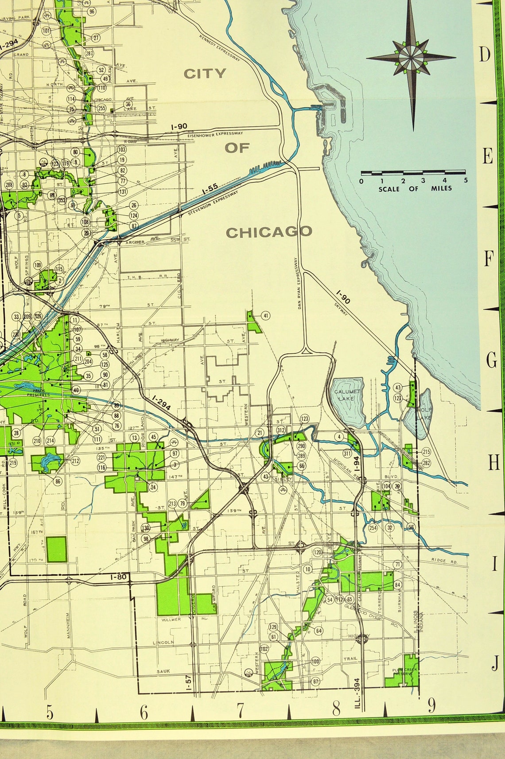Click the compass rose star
pos(411,58)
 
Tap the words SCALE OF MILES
pos(415,189)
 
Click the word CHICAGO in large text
pos(269,232)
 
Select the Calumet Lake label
pos(347,395)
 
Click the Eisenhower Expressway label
pos(215,133)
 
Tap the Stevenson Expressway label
pos(213,204)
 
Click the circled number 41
pos(265,316)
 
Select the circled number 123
pos(304,419)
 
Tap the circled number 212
pos(75,461)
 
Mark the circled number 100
pos(315,662)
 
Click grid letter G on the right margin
pos(492,361)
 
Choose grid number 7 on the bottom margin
pos(240,710)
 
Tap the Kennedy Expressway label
pos(219,48)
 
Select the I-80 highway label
pos(119,577)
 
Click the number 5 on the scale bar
pos(466,180)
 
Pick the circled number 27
pos(96,38)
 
